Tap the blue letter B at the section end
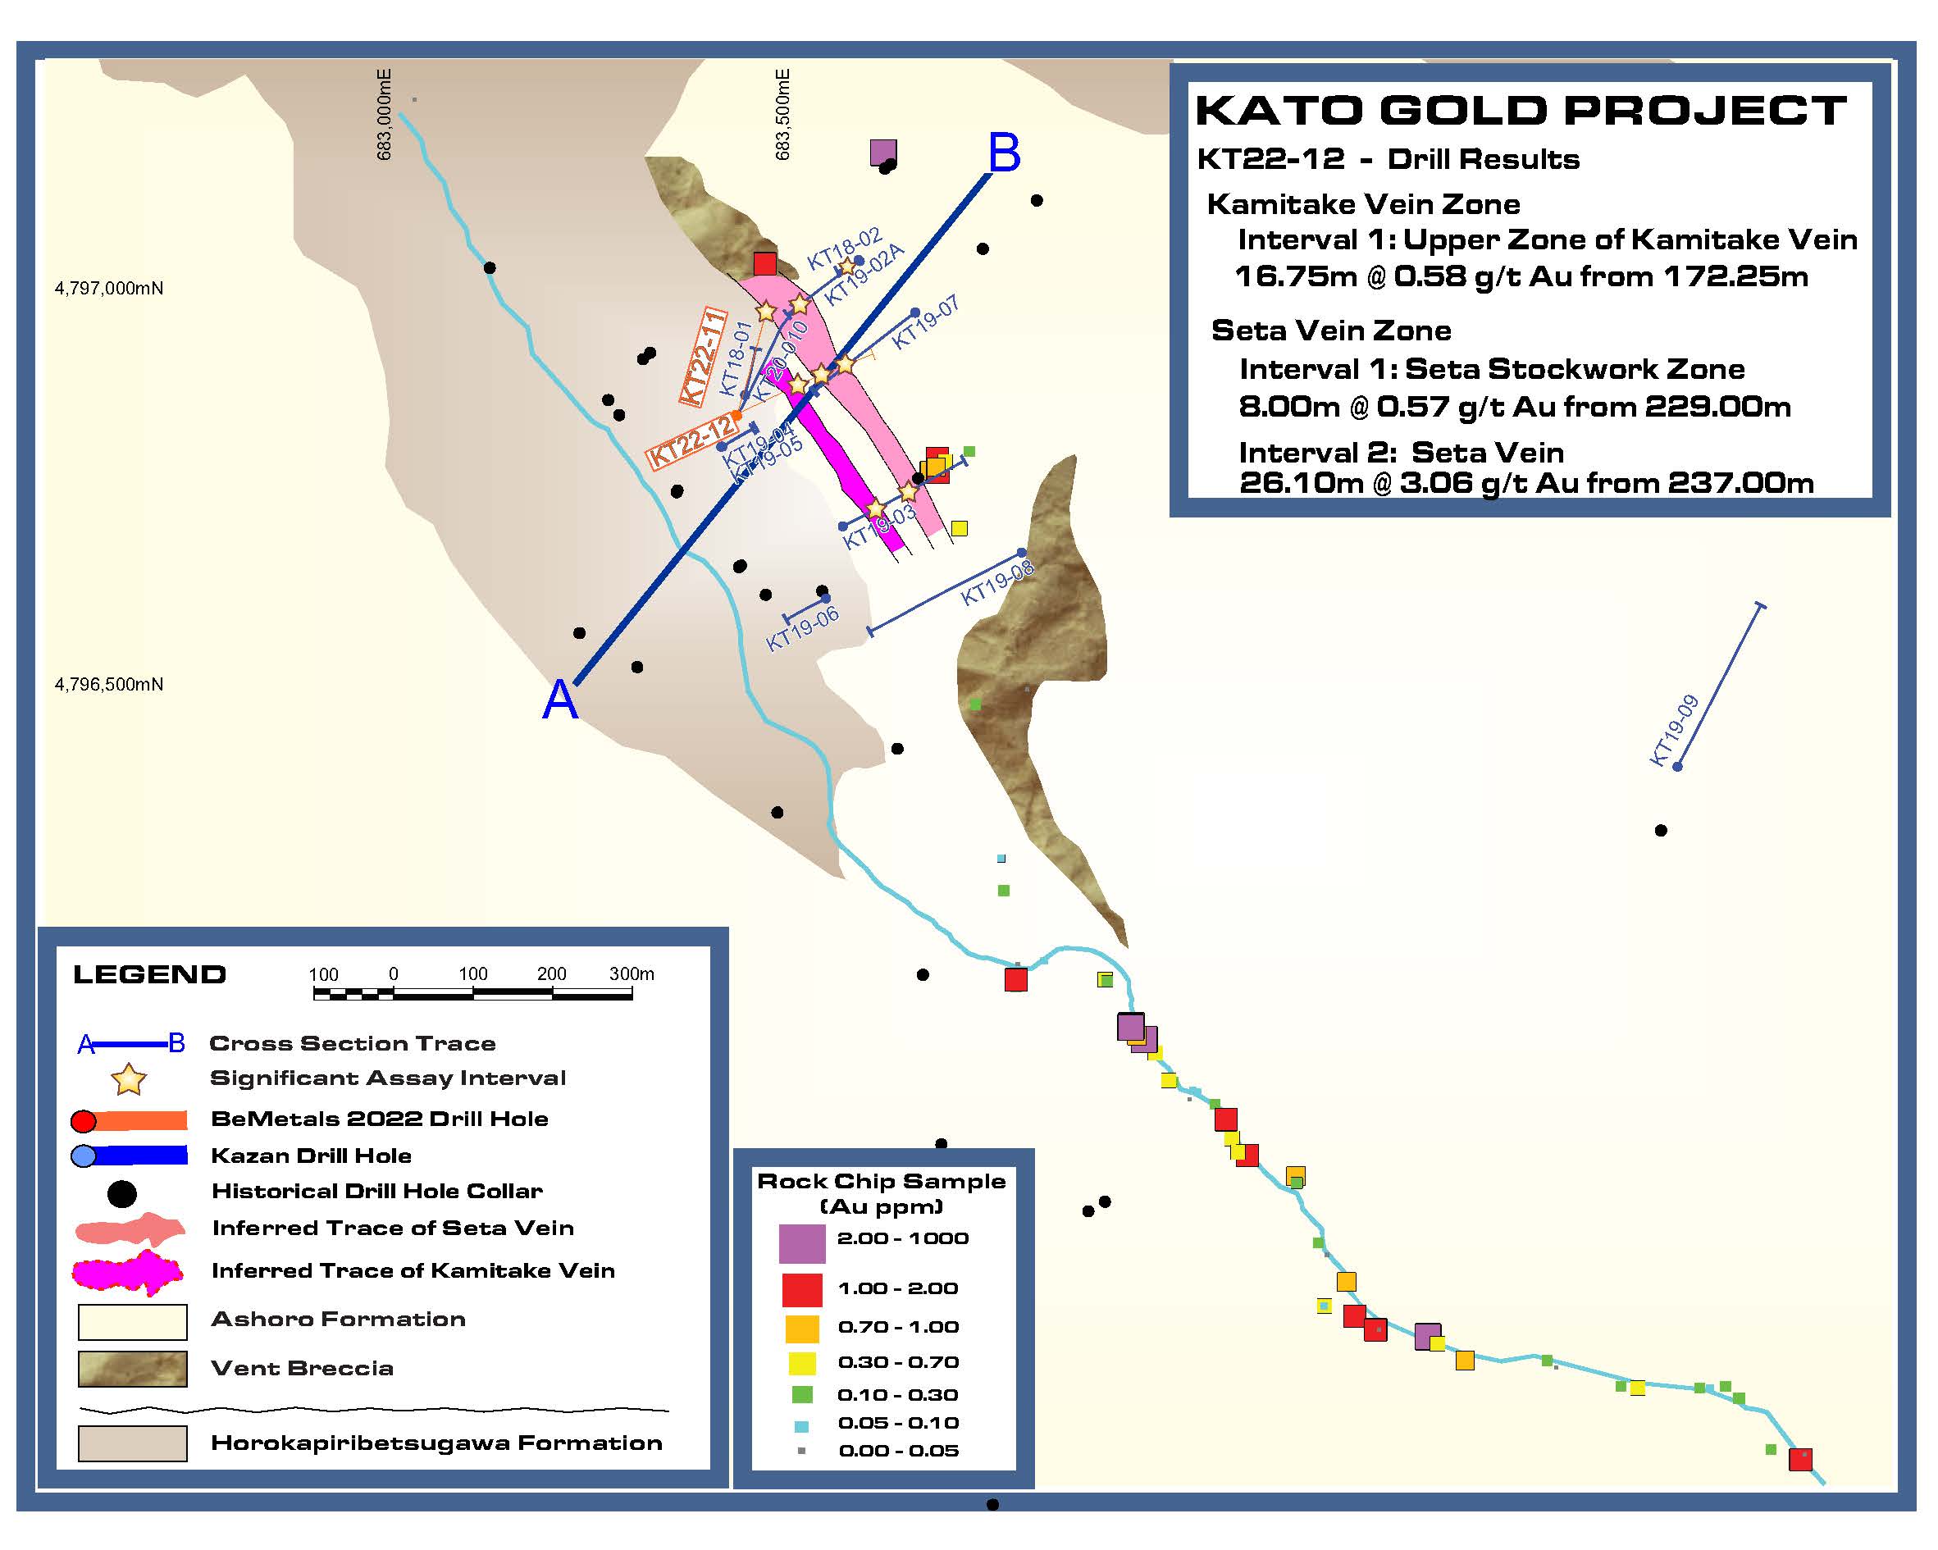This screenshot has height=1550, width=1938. tap(1004, 153)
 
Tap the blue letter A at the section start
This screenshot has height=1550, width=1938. tap(560, 700)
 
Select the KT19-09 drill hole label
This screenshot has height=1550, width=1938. tap(1674, 730)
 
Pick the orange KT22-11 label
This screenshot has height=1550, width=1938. tap(703, 357)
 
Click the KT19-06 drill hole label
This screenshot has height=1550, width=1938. tap(802, 627)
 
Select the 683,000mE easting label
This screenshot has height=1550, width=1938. tap(384, 115)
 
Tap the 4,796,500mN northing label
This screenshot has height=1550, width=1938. tap(109, 684)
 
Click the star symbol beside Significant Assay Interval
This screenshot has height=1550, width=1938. tap(130, 1079)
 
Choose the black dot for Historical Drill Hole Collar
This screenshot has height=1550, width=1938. tap(122, 1194)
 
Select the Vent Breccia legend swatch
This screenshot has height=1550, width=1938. tap(132, 1370)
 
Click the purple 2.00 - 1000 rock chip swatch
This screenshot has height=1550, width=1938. tap(802, 1243)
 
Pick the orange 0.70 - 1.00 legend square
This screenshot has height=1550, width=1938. tap(802, 1329)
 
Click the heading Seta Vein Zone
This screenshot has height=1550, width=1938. tap(1330, 331)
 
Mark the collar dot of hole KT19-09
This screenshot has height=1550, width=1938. tap(1676, 766)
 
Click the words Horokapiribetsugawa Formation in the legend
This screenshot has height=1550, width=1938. tap(436, 1443)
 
